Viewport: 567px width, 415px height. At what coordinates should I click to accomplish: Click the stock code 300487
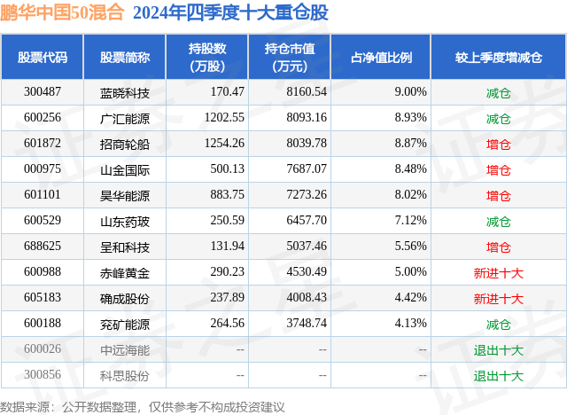click(43, 92)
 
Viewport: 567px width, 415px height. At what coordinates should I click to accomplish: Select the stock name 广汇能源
click(125, 119)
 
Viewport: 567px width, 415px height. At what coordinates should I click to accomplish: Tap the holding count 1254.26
click(224, 144)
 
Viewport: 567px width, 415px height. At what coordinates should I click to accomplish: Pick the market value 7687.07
click(307, 169)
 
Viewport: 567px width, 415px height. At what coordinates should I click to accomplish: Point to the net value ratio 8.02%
click(410, 195)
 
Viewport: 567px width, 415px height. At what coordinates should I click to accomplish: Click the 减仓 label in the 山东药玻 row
click(498, 222)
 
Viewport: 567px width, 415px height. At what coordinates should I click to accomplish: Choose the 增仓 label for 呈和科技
click(498, 247)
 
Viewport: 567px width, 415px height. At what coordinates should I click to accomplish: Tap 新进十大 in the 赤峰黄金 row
click(498, 273)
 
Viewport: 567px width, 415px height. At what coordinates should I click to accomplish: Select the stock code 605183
click(43, 297)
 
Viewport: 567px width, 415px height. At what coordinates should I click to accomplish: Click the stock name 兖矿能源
click(125, 325)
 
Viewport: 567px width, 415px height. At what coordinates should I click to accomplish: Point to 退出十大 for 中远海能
click(498, 350)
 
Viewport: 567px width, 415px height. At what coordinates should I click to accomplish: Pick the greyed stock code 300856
click(43, 374)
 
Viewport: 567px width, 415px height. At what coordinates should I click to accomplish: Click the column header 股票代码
click(43, 57)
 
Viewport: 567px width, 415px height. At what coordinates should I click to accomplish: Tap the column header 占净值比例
click(381, 57)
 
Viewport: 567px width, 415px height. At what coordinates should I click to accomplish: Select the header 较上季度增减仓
click(498, 57)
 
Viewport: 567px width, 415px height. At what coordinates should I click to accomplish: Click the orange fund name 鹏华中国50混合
click(62, 12)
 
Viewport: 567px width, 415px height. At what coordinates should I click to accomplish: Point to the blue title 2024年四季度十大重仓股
click(230, 12)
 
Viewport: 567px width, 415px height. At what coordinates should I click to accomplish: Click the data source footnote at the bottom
click(142, 407)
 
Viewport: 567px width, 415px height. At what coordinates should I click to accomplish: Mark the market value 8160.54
click(307, 92)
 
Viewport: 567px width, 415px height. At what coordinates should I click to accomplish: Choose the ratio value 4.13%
click(410, 323)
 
